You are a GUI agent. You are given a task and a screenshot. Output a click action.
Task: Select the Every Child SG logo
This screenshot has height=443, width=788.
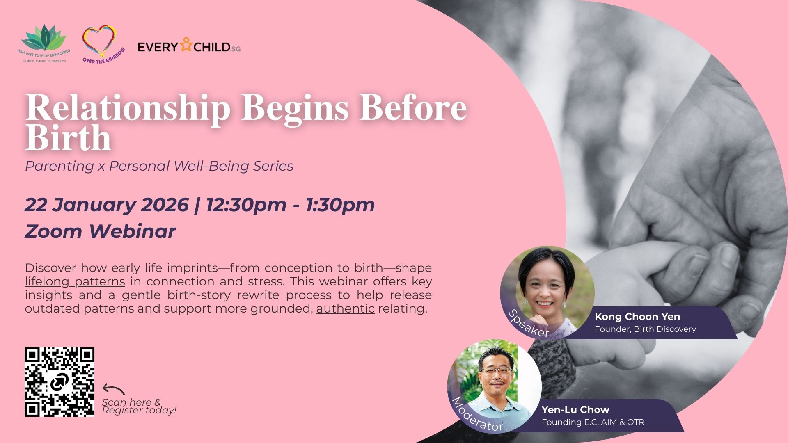point(189,46)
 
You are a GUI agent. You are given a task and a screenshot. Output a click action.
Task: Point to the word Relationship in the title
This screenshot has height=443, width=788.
point(128,108)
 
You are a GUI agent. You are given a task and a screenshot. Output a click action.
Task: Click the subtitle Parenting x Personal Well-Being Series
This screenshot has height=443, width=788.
point(159,166)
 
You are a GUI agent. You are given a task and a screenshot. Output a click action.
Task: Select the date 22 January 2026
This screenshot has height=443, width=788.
point(107,205)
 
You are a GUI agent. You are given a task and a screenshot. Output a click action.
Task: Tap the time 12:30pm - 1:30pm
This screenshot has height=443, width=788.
point(290,205)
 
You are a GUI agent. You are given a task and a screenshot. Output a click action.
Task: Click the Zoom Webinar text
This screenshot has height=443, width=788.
point(101,231)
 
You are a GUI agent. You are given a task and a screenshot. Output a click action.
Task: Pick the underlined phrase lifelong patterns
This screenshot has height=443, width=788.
point(75,282)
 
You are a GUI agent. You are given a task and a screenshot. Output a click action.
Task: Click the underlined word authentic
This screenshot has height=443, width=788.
point(345,308)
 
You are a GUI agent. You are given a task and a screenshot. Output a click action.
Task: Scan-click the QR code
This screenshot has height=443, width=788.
point(60,382)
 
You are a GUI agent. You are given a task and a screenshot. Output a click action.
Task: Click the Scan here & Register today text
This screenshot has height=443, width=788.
point(139,406)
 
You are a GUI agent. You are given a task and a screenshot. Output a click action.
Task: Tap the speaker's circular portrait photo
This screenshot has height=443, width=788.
point(547,293)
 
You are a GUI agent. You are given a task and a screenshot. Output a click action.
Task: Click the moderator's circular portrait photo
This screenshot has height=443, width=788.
point(495,386)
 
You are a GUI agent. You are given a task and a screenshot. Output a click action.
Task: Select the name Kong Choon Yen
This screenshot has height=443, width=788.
point(637,317)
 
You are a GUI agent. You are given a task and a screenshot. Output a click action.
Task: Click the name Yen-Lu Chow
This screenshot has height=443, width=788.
point(575,410)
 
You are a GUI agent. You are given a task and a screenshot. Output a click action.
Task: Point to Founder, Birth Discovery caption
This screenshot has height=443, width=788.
point(645,329)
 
